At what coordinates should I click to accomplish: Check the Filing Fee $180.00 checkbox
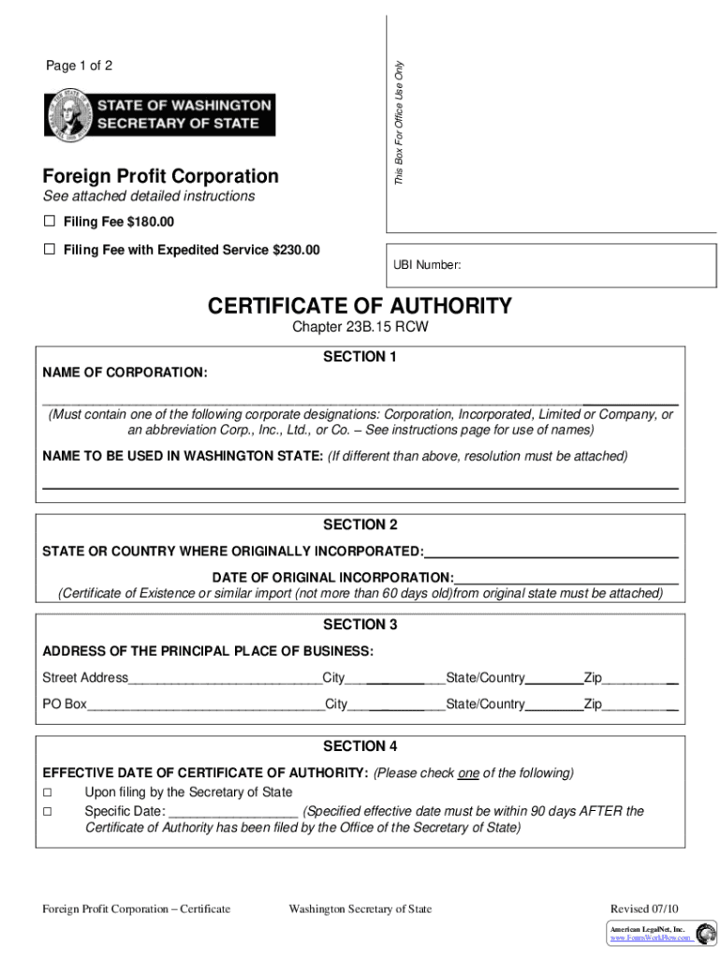click(x=50, y=222)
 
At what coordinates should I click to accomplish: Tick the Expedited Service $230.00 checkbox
click(x=50, y=250)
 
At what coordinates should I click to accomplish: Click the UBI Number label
click(x=427, y=265)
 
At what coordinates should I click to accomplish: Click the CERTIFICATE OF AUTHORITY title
click(x=360, y=306)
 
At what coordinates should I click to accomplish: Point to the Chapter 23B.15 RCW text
click(x=360, y=327)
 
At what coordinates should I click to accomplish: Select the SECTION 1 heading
click(x=360, y=357)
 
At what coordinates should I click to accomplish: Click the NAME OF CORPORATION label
click(x=125, y=373)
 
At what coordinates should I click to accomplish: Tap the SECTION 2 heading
click(x=360, y=525)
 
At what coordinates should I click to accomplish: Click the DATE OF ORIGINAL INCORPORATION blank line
click(x=566, y=576)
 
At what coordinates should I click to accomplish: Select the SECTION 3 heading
click(x=360, y=625)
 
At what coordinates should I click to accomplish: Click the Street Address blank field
click(x=225, y=678)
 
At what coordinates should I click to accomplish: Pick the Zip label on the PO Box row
click(x=593, y=704)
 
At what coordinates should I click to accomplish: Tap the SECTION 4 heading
click(x=360, y=746)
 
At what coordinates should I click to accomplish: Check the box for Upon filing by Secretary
click(x=47, y=792)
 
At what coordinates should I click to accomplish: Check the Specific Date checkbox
click(x=47, y=811)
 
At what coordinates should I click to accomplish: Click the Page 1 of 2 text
click(x=80, y=66)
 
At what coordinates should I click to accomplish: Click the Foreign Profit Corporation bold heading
click(x=160, y=176)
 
